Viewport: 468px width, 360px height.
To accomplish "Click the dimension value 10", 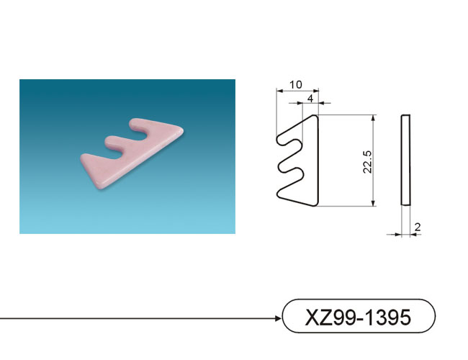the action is [x=295, y=85].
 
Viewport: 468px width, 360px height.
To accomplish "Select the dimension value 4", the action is [x=311, y=99].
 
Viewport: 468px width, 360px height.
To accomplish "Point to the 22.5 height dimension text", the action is [x=367, y=162].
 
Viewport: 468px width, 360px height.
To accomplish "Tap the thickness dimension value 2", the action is [x=418, y=228].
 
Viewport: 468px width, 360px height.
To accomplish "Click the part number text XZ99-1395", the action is [x=358, y=317].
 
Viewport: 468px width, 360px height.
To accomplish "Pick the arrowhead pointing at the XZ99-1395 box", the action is [x=278, y=318].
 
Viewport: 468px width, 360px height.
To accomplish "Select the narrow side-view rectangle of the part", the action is [x=405, y=160].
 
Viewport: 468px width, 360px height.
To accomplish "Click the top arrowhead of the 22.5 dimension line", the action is [x=373, y=117].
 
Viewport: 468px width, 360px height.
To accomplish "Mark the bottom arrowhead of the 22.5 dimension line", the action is [x=373, y=203].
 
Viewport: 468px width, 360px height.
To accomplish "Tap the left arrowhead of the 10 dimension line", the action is [x=279, y=90].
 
